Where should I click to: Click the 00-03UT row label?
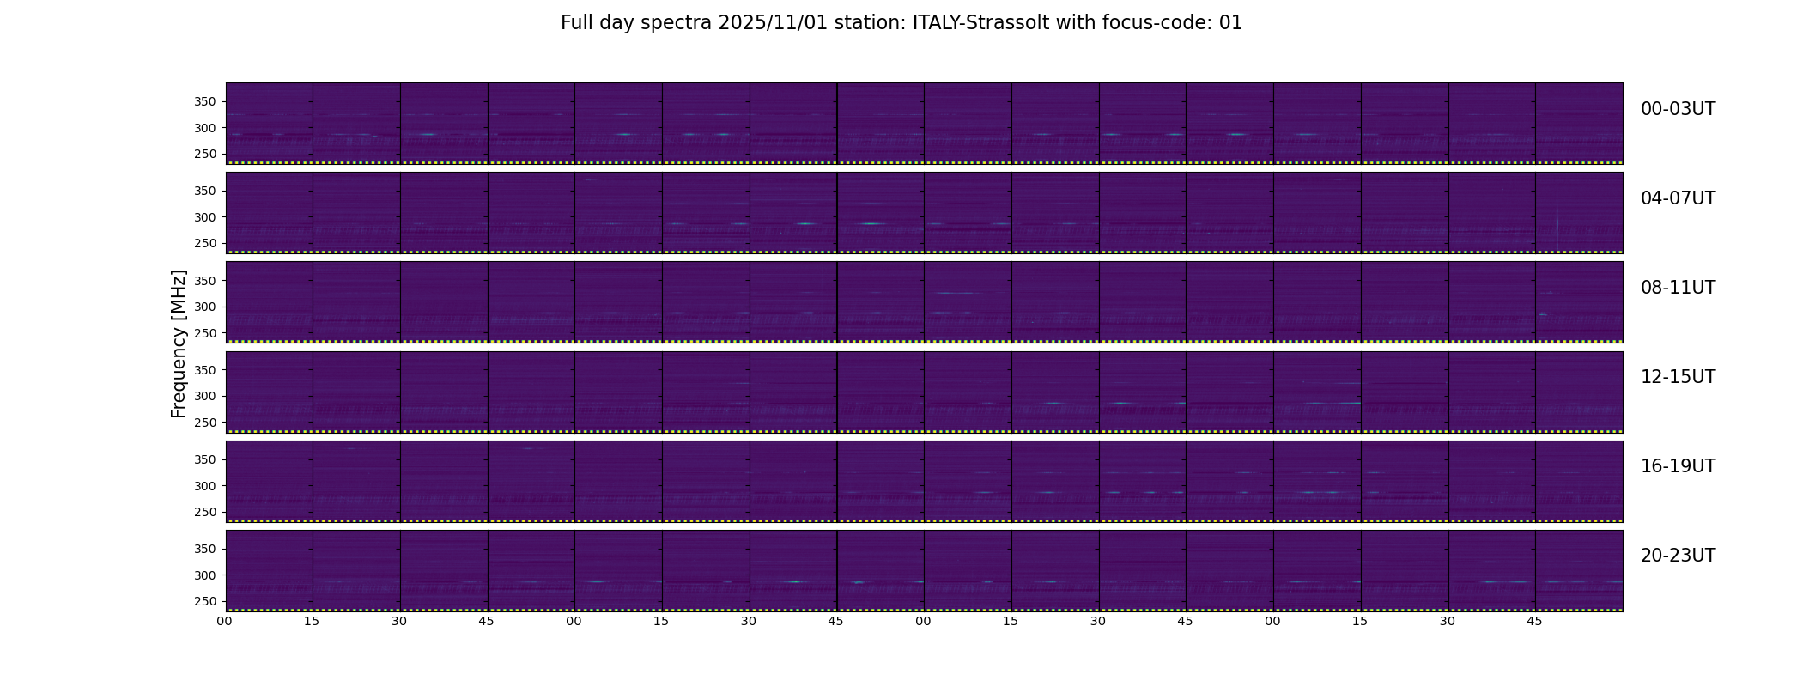1678,109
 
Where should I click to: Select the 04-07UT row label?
1678,198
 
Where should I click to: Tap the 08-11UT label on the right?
1678,288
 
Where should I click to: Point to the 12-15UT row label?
1678,377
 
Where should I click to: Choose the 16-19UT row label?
1678,466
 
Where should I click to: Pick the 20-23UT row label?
1678,556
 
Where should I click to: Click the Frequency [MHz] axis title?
179,343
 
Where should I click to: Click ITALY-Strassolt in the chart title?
980,23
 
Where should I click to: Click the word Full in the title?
576,23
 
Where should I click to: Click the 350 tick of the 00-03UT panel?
204,102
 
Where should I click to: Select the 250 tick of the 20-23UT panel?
204,602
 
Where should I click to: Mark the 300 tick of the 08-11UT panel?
204,307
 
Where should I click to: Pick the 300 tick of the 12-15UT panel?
204,397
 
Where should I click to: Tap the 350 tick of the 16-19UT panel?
204,460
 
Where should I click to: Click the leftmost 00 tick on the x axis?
225,622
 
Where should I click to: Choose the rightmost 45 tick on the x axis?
1534,622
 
